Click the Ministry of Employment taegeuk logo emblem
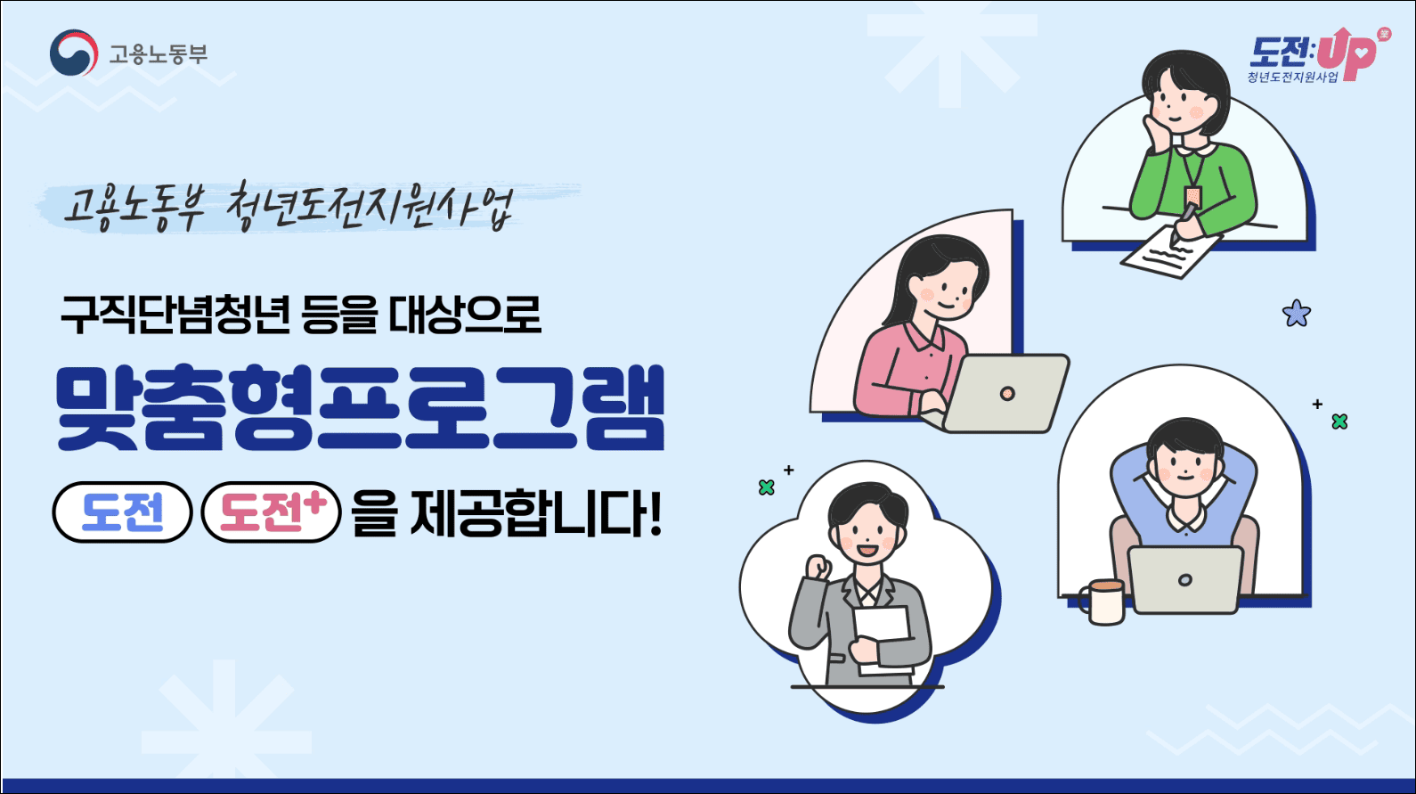pos(73,53)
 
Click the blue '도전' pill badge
pos(123,512)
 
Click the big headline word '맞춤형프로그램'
pos(360,408)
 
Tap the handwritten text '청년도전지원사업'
pos(370,208)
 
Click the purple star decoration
pos(1297,313)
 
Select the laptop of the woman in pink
pos(1006,393)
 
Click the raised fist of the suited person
pos(817,567)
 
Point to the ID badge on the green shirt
pos(1193,195)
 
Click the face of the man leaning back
pos(1185,467)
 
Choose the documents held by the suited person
pos(882,634)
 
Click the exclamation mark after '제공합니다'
pos(656,514)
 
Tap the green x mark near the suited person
pos(766,487)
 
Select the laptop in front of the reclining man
pos(1185,579)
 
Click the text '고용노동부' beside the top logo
pos(158,54)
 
